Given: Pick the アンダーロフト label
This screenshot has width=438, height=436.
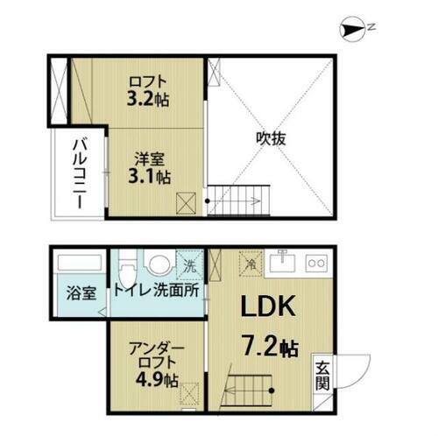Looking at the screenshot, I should point(158,354).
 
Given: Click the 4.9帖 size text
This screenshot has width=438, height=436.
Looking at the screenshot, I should point(159,381).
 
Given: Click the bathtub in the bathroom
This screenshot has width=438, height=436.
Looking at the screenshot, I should point(80,264).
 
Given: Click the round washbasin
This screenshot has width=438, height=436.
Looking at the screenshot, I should point(159,264).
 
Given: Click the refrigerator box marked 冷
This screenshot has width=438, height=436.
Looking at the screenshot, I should point(250,260).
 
